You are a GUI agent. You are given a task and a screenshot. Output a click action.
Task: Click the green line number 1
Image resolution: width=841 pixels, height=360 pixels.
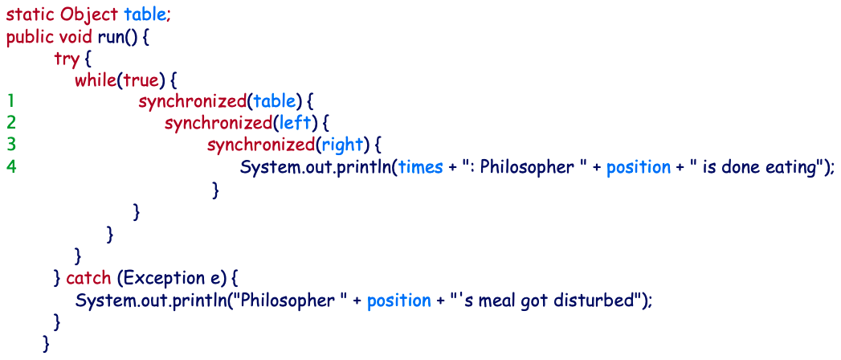click(x=10, y=102)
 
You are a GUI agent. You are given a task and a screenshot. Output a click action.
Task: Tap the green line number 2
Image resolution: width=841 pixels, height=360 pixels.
click(x=10, y=123)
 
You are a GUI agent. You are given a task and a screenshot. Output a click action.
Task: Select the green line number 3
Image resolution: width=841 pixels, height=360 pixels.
click(x=10, y=145)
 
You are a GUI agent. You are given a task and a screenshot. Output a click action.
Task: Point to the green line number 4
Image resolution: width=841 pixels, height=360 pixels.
click(x=10, y=166)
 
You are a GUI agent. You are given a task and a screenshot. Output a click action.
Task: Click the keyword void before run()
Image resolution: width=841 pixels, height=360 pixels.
click(x=77, y=37)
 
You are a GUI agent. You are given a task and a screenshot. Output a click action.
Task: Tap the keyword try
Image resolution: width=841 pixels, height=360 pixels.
click(x=66, y=59)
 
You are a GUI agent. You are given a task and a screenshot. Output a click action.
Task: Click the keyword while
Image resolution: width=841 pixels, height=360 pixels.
click(x=96, y=80)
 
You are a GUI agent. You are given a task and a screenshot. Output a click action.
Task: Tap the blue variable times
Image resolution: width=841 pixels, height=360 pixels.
click(x=420, y=166)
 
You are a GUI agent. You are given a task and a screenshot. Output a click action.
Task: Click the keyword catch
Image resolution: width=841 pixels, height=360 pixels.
click(x=88, y=278)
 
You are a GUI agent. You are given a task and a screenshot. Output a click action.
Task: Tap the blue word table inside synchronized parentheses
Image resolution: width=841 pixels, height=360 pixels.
click(x=273, y=102)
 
